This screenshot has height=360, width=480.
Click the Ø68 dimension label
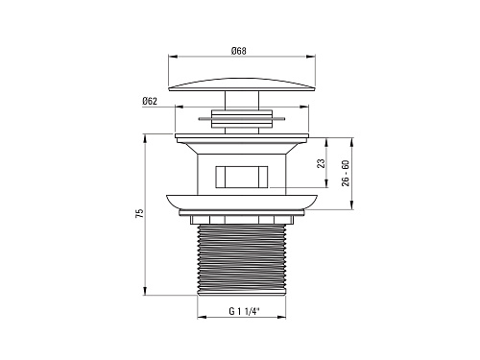239,51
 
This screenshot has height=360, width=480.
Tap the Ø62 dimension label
150,102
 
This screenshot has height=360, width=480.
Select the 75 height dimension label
140,214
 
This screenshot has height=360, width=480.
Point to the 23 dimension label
322,163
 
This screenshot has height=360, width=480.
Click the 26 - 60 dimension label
345,173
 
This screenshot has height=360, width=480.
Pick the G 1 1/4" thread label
243,311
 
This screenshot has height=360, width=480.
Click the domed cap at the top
242,84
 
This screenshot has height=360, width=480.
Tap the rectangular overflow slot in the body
242,177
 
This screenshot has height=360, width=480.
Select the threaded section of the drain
242,259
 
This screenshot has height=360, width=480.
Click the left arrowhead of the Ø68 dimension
173,57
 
